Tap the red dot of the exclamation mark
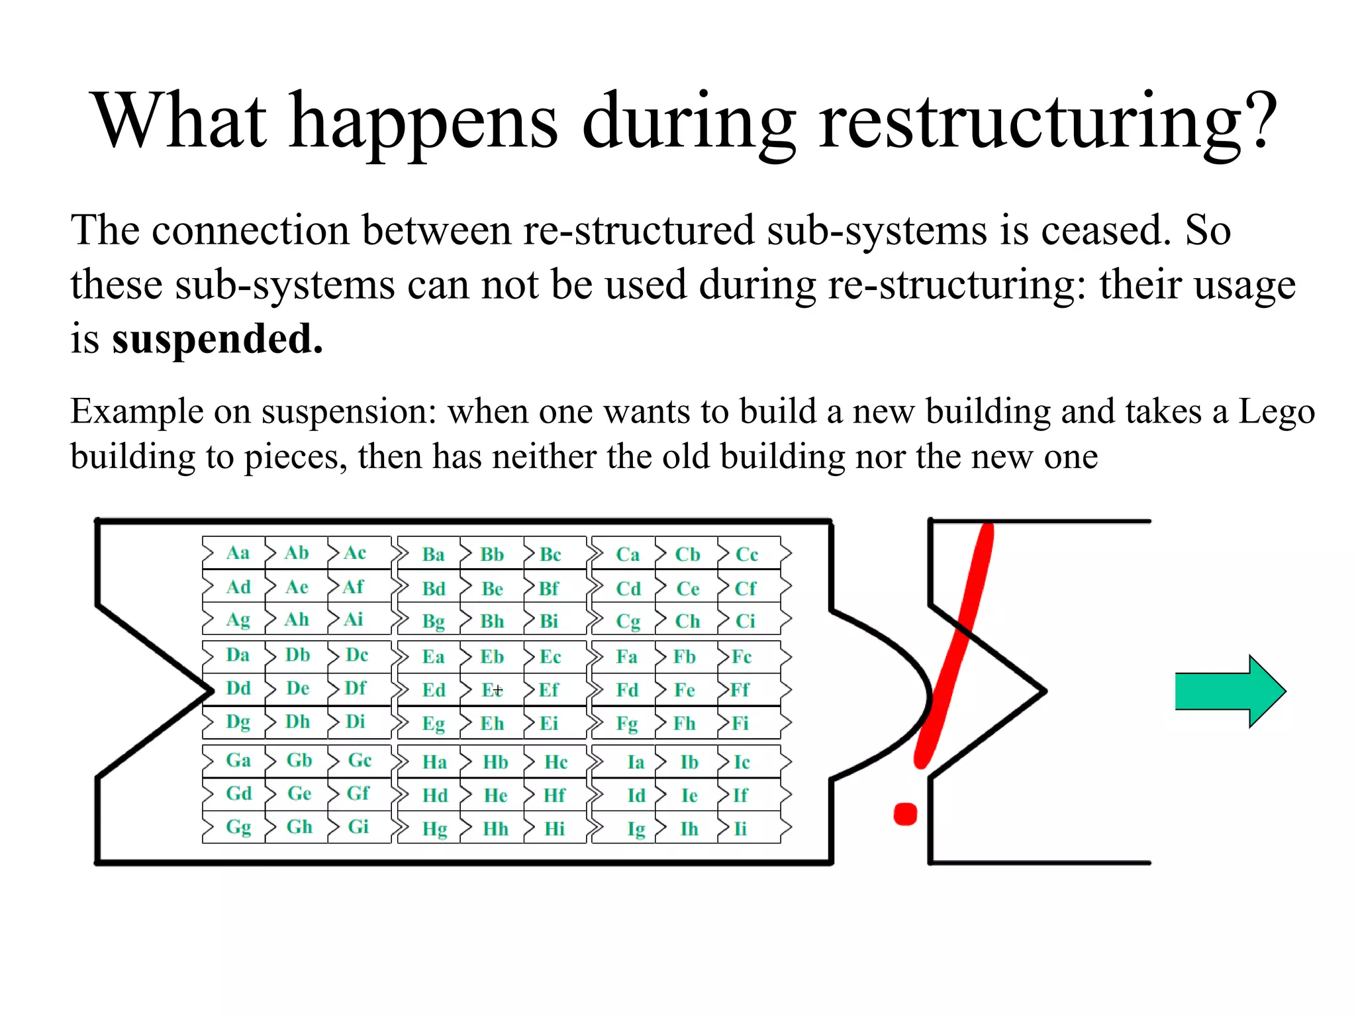(905, 814)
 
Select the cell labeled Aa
(238, 553)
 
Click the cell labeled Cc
(747, 555)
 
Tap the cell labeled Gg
(238, 827)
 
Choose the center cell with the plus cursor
(492, 691)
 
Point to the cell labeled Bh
(492, 622)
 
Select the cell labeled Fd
(627, 691)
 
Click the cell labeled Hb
(495, 762)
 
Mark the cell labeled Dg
(238, 722)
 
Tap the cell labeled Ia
(636, 763)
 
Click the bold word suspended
(217, 339)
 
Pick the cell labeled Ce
(687, 589)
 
